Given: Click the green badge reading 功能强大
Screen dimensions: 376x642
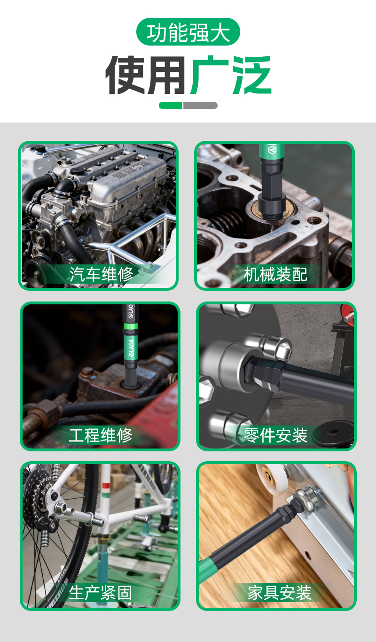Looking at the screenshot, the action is point(188,32).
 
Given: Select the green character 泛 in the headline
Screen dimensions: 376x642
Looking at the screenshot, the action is point(251,75).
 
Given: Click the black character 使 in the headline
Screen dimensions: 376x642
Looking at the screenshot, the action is point(125,75).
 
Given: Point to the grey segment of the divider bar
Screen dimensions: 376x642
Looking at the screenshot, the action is point(200,106).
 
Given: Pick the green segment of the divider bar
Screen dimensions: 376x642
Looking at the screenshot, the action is point(170,106).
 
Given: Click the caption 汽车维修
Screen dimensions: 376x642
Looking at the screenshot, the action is point(101,274).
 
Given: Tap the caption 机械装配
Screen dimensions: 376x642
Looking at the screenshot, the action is point(275,274).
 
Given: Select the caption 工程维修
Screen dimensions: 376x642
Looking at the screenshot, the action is point(101,435).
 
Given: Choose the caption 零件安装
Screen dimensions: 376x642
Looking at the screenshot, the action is point(275,435).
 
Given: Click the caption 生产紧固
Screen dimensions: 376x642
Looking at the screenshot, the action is point(101,593).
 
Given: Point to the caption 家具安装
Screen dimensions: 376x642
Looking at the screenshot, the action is point(279,593).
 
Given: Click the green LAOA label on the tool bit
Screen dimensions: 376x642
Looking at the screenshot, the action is point(131,347).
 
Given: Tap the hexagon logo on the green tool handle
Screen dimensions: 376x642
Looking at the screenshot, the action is point(272,150).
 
